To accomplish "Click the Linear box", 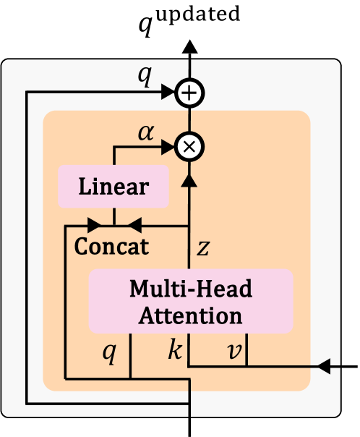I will pyautogui.click(x=113, y=186).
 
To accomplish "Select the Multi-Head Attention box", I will pyautogui.click(x=191, y=302).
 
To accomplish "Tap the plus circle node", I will pyautogui.click(x=190, y=93).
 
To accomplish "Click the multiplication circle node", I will pyautogui.click(x=190, y=146).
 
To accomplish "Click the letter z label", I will pyautogui.click(x=205, y=247).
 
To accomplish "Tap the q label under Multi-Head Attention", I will pyautogui.click(x=108, y=352).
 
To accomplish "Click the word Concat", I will pyautogui.click(x=111, y=246).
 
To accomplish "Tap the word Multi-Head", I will pyautogui.click(x=191, y=289).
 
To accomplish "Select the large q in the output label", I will pyautogui.click(x=148, y=27).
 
